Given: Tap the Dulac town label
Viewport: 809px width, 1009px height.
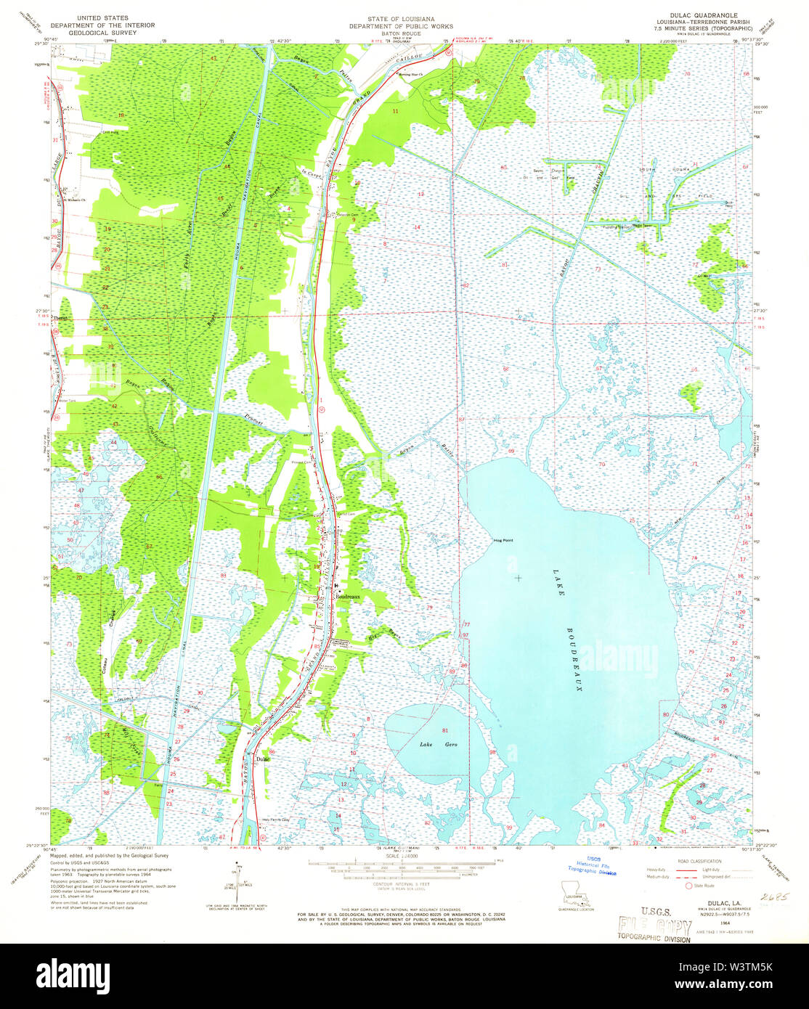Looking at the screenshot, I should click(x=262, y=759).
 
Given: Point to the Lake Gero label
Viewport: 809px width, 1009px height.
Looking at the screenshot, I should click(x=432, y=745).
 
